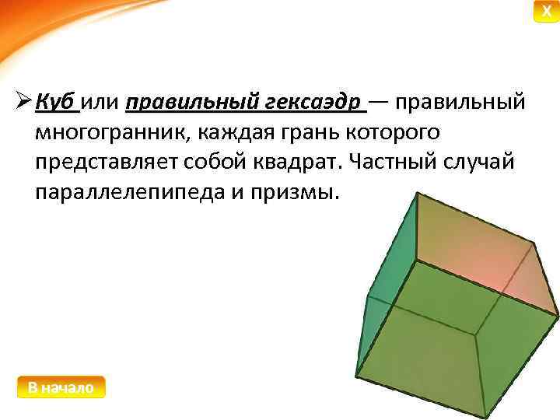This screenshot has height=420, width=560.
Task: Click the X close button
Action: [x=546, y=11]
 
